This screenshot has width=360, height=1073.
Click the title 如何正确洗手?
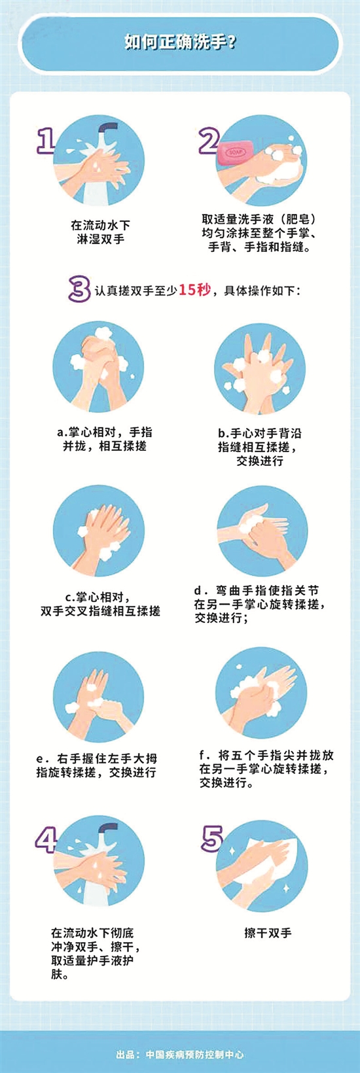point(180,43)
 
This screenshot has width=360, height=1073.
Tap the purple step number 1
point(46,140)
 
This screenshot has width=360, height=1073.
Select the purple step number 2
point(209,141)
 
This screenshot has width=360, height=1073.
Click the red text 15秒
point(194,290)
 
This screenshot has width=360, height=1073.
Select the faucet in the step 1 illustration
point(108,130)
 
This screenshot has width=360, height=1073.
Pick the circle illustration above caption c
point(99,531)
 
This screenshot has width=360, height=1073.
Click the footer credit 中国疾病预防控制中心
point(194,1055)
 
